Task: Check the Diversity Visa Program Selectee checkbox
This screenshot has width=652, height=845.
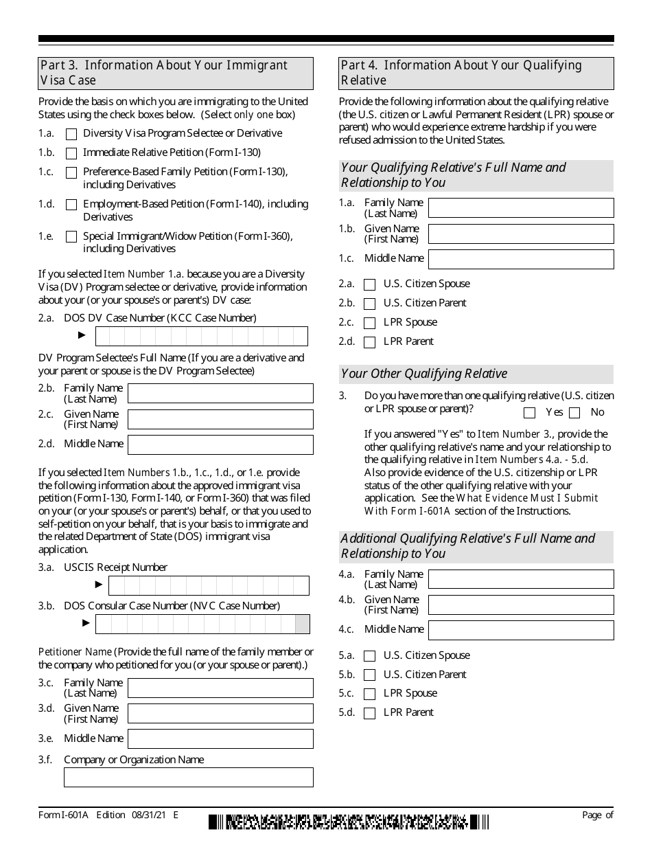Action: coord(71,134)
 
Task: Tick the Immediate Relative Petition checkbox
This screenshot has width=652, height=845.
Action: coord(71,153)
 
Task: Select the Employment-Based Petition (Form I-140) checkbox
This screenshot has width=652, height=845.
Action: coord(71,205)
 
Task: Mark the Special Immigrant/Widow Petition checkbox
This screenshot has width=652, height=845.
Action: coord(71,237)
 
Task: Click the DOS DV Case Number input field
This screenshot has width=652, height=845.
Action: coord(201,336)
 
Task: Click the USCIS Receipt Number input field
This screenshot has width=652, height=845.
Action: coord(209,585)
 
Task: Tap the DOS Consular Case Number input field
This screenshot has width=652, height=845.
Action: coord(202,624)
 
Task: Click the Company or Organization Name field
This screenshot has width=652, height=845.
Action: coord(188,777)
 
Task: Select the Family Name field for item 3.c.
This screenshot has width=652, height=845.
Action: coord(220,688)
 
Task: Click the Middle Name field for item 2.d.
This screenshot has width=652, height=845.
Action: coord(220,444)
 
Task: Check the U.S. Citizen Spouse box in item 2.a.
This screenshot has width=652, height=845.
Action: coord(370,285)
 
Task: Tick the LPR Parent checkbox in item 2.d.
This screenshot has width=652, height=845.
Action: coord(370,342)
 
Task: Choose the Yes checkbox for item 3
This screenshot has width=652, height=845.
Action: coord(529,413)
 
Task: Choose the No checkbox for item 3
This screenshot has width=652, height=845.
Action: coord(574,413)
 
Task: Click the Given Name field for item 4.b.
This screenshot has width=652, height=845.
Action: coord(521,605)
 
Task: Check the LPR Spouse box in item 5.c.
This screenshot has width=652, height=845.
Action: coord(370,694)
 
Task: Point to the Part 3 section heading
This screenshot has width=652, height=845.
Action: coord(176,73)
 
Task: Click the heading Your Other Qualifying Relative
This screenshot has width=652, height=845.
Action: coord(424,374)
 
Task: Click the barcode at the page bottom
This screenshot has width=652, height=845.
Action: coord(349,822)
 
